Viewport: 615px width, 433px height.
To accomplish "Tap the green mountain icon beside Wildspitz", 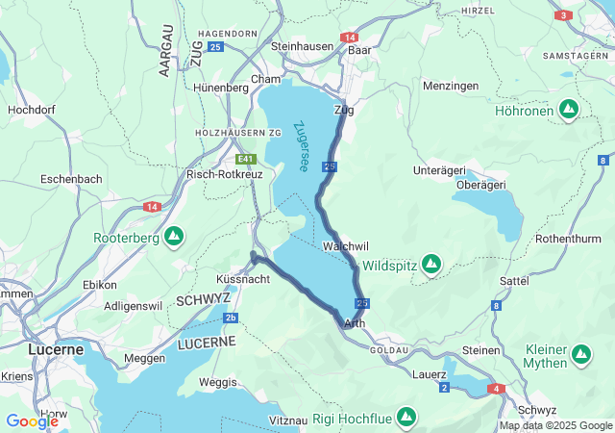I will (x=431, y=263).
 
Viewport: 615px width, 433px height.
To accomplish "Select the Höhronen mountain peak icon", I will (x=569, y=110).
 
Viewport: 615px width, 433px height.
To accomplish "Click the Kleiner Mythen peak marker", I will (x=581, y=355).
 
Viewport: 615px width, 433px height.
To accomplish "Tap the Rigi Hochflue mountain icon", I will (x=406, y=418).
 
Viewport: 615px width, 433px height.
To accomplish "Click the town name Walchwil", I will (x=346, y=246).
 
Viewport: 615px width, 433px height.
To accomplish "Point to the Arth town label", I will (x=354, y=323).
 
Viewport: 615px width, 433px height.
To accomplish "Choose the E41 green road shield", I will (x=247, y=159).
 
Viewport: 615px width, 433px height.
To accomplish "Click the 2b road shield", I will (x=231, y=318).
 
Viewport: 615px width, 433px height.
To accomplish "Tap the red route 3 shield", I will (x=563, y=15).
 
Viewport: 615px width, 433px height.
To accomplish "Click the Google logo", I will (x=32, y=420).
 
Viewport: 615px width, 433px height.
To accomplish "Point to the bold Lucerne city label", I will (x=56, y=349).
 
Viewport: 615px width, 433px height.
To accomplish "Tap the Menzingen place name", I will (x=451, y=87).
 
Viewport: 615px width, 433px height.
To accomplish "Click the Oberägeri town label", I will (x=480, y=185).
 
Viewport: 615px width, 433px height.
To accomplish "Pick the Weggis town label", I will (x=218, y=383).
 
